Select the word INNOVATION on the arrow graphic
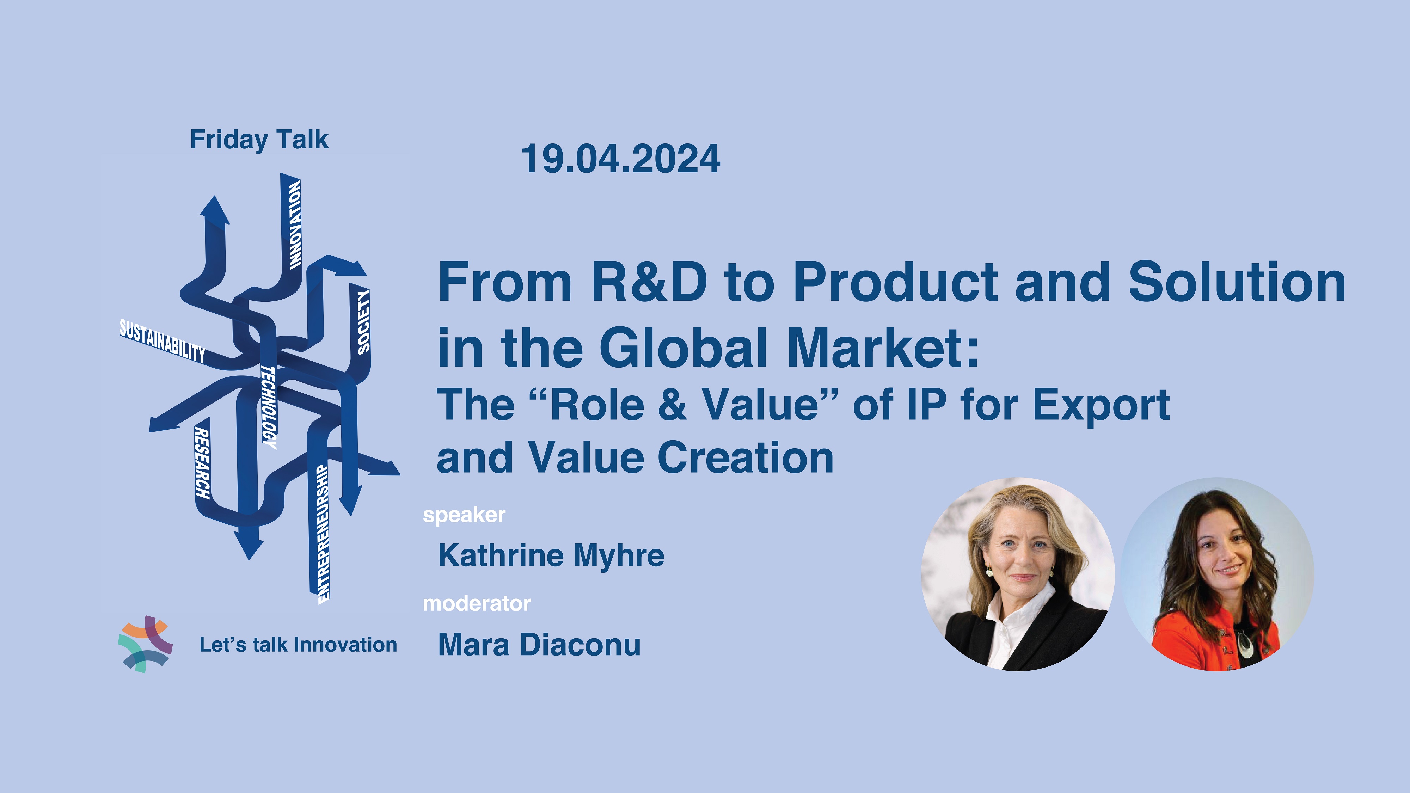coord(295,225)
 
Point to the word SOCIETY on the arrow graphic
coord(363,322)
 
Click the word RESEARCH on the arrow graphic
coord(202,463)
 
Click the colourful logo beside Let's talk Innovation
coord(145,644)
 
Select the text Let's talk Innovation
coord(298,645)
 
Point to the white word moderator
coord(477,604)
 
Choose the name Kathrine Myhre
coord(551,555)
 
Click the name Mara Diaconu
coord(539,645)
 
